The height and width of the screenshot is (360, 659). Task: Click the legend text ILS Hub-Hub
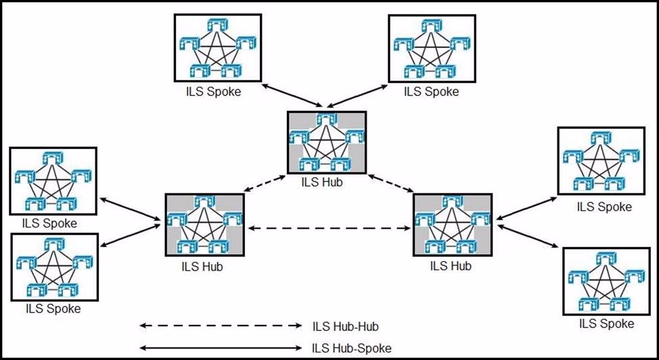(345, 327)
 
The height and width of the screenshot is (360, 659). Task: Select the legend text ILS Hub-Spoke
(351, 348)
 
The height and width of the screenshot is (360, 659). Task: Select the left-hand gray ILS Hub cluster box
(204, 225)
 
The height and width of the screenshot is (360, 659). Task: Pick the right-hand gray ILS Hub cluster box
(452, 226)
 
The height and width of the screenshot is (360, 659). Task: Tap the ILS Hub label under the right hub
(451, 266)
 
